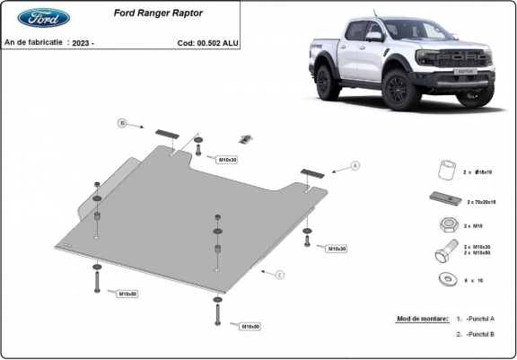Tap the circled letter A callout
[355, 166]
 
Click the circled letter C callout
[280, 274]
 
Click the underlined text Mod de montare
[421, 319]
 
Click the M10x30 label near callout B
[227, 159]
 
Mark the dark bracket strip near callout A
[311, 174]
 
